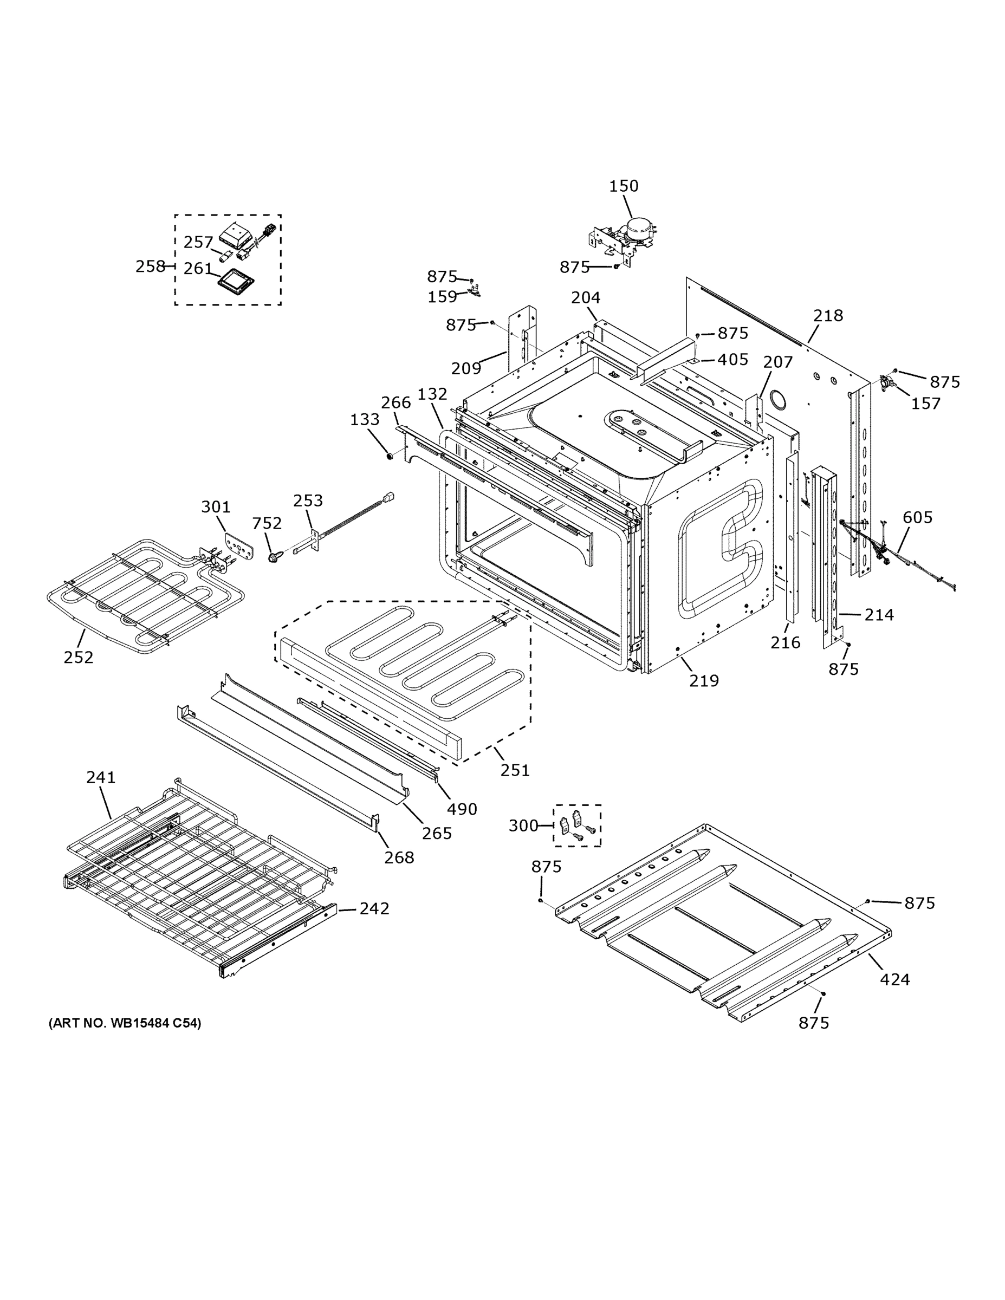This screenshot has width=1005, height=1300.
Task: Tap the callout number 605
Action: pyautogui.click(x=917, y=517)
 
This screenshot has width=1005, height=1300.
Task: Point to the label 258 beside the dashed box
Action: pyautogui.click(x=150, y=266)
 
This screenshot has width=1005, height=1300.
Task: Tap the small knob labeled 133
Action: pyautogui.click(x=390, y=456)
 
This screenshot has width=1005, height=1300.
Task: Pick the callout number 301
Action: pyautogui.click(x=216, y=507)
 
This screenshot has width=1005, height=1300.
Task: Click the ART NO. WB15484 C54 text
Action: pyautogui.click(x=125, y=1023)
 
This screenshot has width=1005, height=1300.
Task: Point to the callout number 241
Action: pyautogui.click(x=101, y=777)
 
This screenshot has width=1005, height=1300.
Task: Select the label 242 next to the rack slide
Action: pyautogui.click(x=374, y=908)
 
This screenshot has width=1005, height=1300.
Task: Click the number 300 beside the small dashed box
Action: pyautogui.click(x=523, y=825)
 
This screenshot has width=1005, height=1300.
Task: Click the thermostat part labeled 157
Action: pyautogui.click(x=888, y=383)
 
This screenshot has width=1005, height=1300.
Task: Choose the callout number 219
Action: pyautogui.click(x=704, y=680)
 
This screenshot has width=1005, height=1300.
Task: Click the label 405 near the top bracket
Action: pyautogui.click(x=732, y=360)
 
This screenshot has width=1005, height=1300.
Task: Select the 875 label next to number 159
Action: pyautogui.click(x=442, y=277)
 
